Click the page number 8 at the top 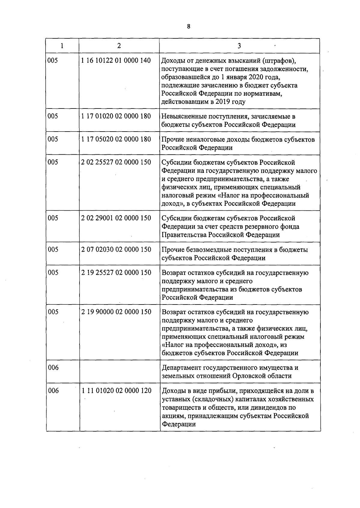pyautogui.click(x=189, y=26)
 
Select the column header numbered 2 pyautogui.click(x=119, y=46)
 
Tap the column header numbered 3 pyautogui.click(x=239, y=46)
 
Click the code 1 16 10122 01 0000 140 pyautogui.click(x=116, y=61)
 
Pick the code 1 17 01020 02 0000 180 pyautogui.click(x=116, y=116)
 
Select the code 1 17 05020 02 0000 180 pyautogui.click(x=116, y=139)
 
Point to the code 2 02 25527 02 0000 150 pyautogui.click(x=116, y=162)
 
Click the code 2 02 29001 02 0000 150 pyautogui.click(x=116, y=218)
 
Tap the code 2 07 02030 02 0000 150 pyautogui.click(x=116, y=249)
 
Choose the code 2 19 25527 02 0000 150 pyautogui.click(x=116, y=272)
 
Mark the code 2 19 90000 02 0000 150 pyautogui.click(x=116, y=312)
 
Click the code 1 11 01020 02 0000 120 pyautogui.click(x=116, y=391)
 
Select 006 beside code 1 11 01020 pyautogui.click(x=53, y=391)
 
